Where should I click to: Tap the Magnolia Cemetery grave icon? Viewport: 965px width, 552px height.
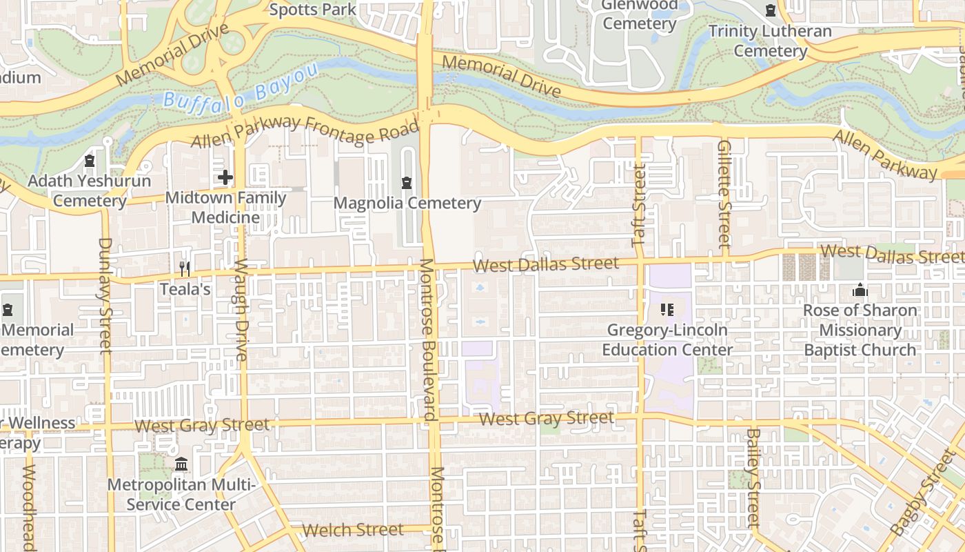(x=407, y=183)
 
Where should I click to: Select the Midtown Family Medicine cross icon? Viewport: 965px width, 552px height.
(x=225, y=177)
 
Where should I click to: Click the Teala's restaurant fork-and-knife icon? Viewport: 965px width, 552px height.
(x=184, y=268)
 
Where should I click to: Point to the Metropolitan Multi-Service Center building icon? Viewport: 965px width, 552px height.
(x=181, y=464)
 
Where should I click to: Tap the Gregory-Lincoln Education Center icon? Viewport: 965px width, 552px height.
(x=667, y=310)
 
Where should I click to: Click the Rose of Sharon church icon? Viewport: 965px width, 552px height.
(x=860, y=290)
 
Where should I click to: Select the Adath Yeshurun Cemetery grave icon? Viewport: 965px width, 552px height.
(x=89, y=161)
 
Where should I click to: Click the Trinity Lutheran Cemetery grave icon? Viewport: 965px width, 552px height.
(x=770, y=11)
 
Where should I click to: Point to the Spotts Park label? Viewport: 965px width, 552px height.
(x=313, y=10)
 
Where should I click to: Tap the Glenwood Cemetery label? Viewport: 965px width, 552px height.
(x=639, y=14)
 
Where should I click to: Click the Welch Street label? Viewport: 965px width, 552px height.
(x=353, y=530)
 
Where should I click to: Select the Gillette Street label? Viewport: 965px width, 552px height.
(x=724, y=194)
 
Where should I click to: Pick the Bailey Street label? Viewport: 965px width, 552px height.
(x=753, y=477)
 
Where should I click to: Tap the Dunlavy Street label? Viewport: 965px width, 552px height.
(x=105, y=295)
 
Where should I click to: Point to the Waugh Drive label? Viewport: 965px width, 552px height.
(x=241, y=309)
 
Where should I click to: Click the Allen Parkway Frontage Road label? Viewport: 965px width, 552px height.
(x=305, y=130)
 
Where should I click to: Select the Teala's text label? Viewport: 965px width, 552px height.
(x=185, y=288)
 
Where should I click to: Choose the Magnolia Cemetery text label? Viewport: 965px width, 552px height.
(x=407, y=203)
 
